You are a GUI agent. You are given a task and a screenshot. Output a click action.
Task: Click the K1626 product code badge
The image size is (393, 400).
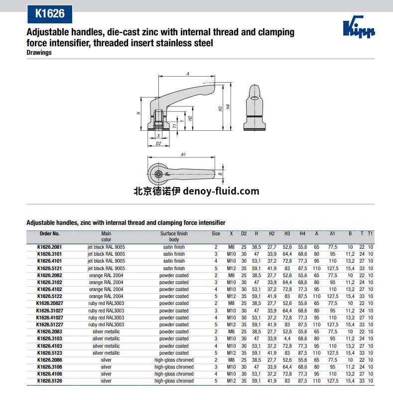point(50,13)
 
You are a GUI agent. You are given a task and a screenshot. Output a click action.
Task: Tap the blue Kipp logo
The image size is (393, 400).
point(359,27)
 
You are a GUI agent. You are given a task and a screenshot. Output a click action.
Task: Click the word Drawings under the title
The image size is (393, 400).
point(39,53)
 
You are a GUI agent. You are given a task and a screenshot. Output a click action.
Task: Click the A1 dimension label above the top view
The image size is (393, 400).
point(183,155)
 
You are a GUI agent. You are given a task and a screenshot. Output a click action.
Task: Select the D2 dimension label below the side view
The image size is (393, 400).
point(158,143)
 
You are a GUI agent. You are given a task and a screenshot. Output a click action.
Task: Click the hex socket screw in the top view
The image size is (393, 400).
point(158,174)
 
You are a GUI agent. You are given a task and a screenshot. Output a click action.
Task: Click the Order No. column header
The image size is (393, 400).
point(50,233)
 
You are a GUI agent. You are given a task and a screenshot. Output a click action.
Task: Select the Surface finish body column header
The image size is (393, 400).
point(174,236)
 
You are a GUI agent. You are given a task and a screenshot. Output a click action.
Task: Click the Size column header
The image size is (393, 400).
point(216,233)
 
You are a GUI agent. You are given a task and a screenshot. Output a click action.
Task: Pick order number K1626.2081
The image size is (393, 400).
point(50,247)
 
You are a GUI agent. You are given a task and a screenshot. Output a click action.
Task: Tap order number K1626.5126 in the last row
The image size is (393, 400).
point(50,381)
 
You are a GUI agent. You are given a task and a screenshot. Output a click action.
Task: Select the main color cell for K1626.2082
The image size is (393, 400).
point(106,275)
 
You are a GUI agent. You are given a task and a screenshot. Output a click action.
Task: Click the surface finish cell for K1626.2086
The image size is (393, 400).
point(174,360)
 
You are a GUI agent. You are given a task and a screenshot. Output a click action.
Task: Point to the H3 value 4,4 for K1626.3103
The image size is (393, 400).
point(287,339)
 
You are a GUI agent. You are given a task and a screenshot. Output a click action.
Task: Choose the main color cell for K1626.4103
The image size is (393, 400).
point(106,346)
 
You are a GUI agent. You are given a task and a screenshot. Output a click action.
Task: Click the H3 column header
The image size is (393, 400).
point(287,233)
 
